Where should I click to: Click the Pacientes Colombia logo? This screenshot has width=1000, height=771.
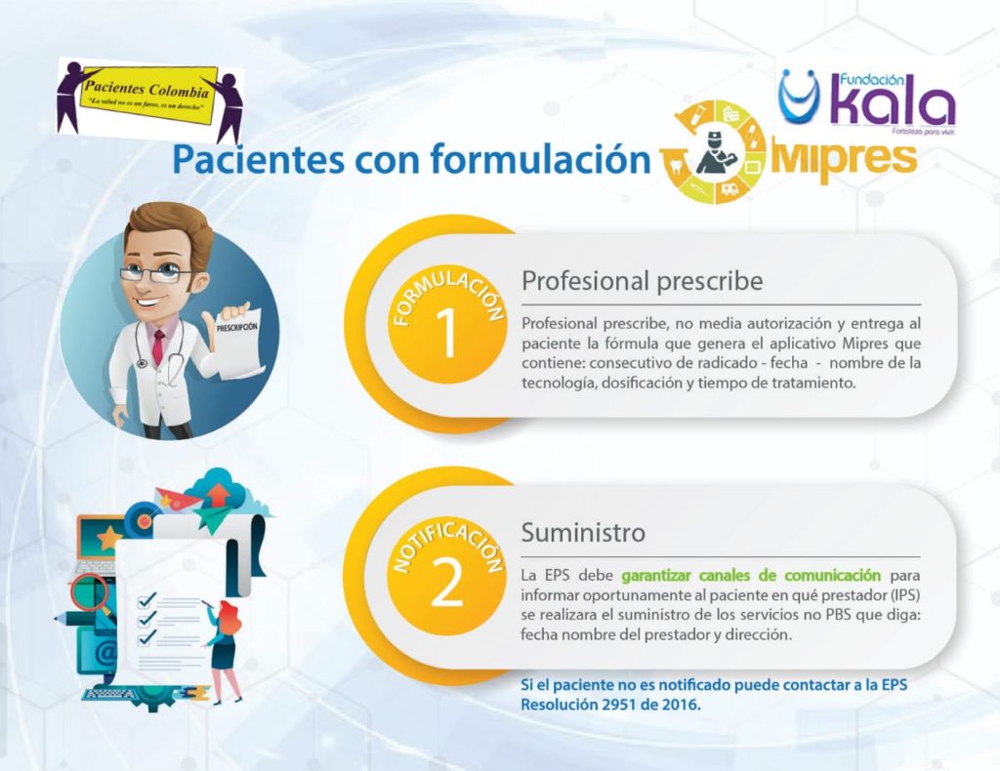tap(150, 100)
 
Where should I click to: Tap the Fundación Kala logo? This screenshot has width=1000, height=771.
tap(867, 101)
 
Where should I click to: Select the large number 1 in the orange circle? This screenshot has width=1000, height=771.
tap(447, 333)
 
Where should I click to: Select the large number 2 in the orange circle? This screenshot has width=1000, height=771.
tap(447, 583)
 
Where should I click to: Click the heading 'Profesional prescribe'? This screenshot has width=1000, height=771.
tap(643, 280)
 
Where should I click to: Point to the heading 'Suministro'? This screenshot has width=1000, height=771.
tap(583, 532)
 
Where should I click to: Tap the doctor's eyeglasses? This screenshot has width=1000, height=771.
tap(155, 274)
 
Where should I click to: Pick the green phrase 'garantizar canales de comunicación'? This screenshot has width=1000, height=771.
tap(751, 576)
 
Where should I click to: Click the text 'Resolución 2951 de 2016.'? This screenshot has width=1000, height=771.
tap(610, 705)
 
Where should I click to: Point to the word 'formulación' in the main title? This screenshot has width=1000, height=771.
tap(539, 159)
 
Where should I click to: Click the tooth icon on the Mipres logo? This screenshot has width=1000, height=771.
tap(674, 165)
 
